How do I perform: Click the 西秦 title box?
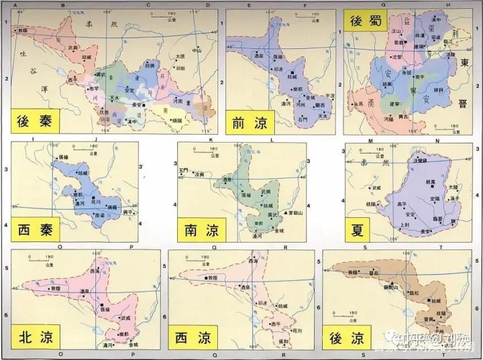(x=32, y=230)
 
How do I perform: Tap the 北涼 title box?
(x=33, y=337)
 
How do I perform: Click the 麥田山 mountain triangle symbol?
(x=286, y=213)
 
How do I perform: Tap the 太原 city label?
(x=179, y=57)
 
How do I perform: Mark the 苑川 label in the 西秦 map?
(x=95, y=200)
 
